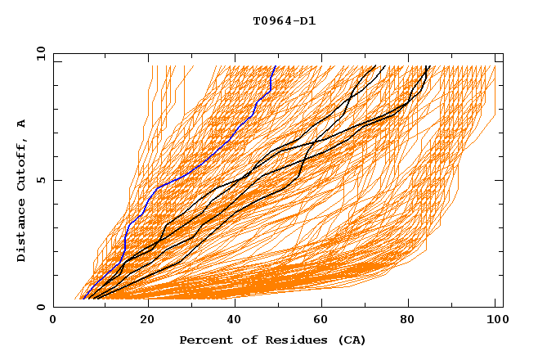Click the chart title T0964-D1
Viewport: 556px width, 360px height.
(x=285, y=21)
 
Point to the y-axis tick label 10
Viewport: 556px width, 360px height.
(x=39, y=54)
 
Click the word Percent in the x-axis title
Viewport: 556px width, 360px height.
(x=205, y=340)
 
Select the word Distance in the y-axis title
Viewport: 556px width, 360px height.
(x=22, y=228)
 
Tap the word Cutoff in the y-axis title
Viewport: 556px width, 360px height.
(x=22, y=160)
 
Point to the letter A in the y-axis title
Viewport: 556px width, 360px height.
(x=22, y=124)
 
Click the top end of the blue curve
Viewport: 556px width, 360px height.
(x=276, y=66)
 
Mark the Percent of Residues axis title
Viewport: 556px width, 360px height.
(x=273, y=340)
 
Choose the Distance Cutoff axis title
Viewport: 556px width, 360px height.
(x=22, y=191)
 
